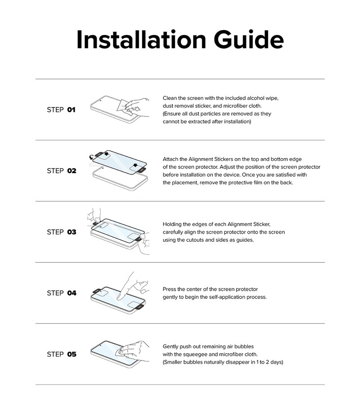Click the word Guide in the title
pyautogui.click(x=248, y=40)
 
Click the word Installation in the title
pyautogui.click(x=141, y=40)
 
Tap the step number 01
pyautogui.click(x=71, y=110)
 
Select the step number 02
pyautogui.click(x=72, y=171)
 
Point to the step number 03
pyautogui.click(x=72, y=232)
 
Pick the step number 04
pyautogui.click(x=72, y=293)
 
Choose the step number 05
pyautogui.click(x=72, y=354)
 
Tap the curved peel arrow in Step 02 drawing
pyautogui.click(x=91, y=157)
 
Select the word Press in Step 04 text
pyautogui.click(x=170, y=289)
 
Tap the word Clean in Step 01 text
pyautogui.click(x=170, y=98)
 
